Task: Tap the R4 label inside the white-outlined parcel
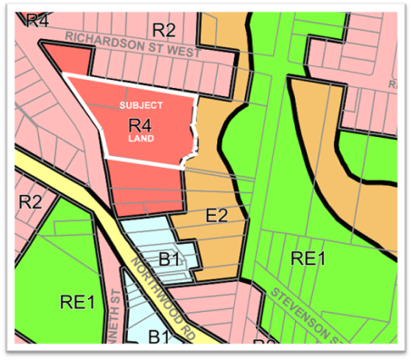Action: (x=139, y=124)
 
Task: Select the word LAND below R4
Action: (x=140, y=141)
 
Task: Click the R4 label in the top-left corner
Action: (x=36, y=20)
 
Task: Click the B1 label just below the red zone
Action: (x=169, y=260)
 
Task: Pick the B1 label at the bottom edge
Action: (x=160, y=339)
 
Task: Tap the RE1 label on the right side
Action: (x=308, y=258)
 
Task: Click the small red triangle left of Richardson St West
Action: (x=67, y=61)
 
